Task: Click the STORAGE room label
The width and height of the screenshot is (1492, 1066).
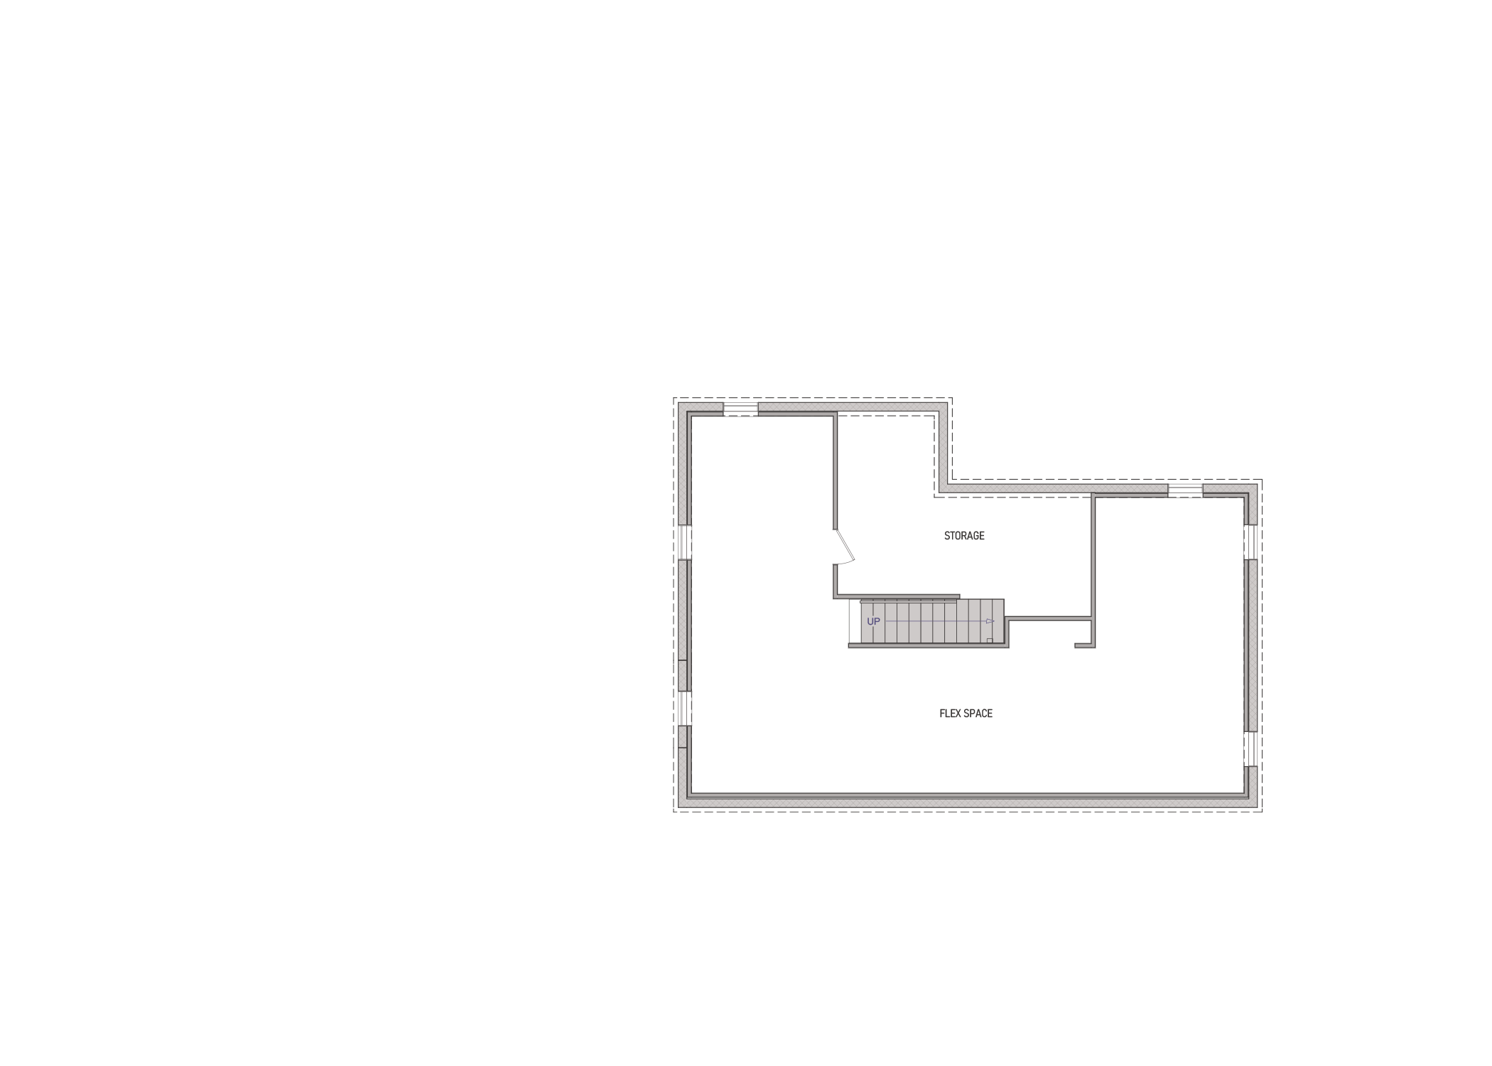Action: [x=964, y=536]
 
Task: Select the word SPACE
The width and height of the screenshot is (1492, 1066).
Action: [x=979, y=714]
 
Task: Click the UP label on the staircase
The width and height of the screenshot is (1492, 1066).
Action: [x=873, y=622]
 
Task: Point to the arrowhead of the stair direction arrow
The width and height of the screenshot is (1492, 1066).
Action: [x=990, y=622]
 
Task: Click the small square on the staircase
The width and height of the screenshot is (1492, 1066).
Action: [x=989, y=640]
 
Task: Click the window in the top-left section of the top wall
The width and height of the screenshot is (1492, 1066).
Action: [x=741, y=409]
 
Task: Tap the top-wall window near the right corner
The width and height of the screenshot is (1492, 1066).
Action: [x=1185, y=490]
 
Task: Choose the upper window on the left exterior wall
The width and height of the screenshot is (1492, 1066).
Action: [x=685, y=542]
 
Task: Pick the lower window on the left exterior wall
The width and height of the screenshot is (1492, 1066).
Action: [x=685, y=708]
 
